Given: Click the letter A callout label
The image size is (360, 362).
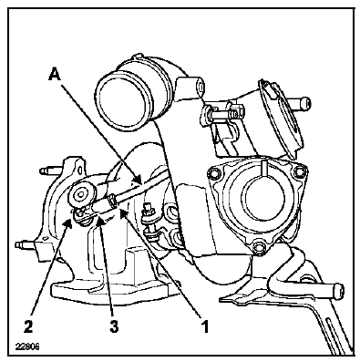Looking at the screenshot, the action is [x=55, y=75].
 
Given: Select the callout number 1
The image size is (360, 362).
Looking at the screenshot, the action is [x=206, y=326].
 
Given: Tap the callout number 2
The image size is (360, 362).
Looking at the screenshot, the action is [x=29, y=326].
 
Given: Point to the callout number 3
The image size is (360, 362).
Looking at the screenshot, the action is [x=114, y=326].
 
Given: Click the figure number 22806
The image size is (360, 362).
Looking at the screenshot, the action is [x=27, y=346].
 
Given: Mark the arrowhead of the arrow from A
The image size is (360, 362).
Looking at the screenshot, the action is [x=138, y=180].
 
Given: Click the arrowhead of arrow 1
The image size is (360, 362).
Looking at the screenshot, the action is [x=124, y=213].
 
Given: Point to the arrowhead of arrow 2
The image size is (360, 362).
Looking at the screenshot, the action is [x=68, y=223].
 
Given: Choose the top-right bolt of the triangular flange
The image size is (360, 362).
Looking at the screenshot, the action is [x=299, y=172].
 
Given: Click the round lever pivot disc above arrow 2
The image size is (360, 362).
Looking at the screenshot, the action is [x=82, y=194].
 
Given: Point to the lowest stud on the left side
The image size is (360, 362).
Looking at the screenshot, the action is [x=26, y=244].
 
